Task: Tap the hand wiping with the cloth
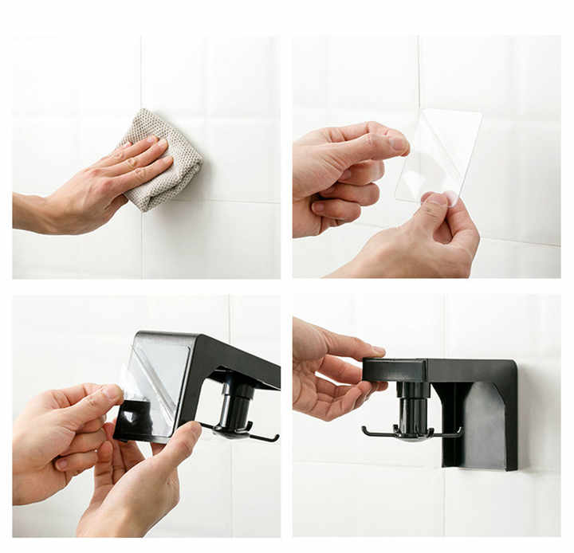[104, 183]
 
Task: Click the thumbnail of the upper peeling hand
[398, 144]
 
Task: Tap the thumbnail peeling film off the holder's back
[111, 392]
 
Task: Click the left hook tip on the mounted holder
[366, 431]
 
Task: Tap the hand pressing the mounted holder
[327, 367]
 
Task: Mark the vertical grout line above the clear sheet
[419, 72]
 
